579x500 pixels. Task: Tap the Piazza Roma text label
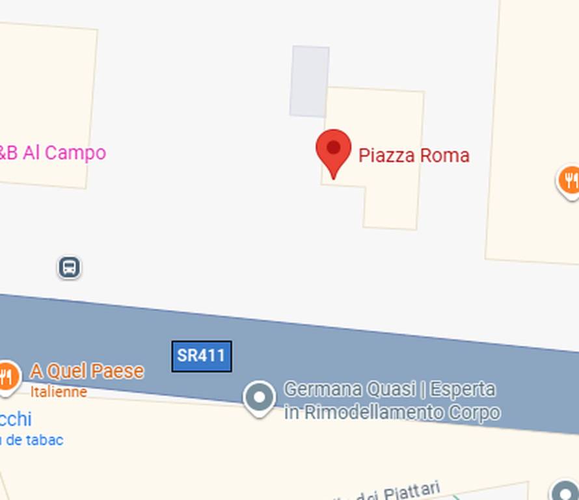[414, 156]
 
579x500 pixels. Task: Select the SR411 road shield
[202, 356]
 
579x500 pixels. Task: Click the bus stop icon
[69, 267]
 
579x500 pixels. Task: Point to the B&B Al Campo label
[52, 153]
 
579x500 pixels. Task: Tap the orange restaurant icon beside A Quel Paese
[7, 376]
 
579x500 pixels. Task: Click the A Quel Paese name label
[87, 371]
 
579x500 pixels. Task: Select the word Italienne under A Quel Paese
[59, 392]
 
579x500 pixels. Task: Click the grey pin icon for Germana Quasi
[259, 397]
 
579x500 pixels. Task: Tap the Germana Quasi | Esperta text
[390, 389]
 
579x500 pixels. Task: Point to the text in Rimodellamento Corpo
[392, 412]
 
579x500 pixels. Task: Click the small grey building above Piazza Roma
[309, 81]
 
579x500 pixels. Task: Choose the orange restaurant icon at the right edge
[569, 180]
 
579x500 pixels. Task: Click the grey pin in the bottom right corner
[563, 492]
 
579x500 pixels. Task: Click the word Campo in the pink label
[75, 153]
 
